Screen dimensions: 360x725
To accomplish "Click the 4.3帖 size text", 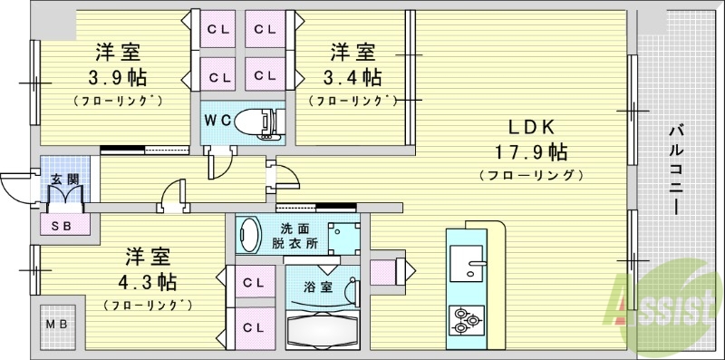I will coord(144,279).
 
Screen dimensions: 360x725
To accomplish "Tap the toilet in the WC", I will coord(259,120).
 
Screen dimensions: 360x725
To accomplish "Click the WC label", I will coord(217,120).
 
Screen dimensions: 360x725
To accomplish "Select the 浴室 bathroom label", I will coord(315,287).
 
